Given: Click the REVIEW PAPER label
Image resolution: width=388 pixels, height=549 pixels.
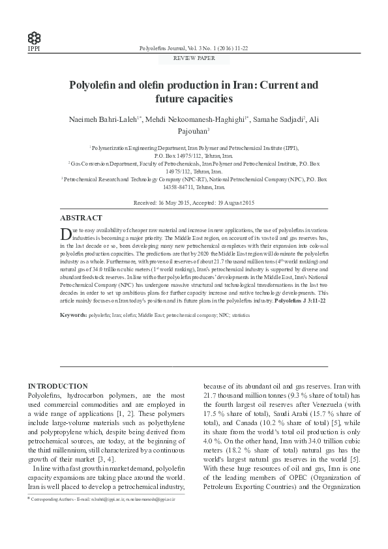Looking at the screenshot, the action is pos(194,58).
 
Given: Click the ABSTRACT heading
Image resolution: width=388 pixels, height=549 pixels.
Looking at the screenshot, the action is pos(80,218).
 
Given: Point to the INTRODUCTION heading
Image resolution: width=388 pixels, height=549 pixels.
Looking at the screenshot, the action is pos(57,386).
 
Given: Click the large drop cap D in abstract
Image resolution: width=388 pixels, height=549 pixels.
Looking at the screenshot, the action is pos(65,234).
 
